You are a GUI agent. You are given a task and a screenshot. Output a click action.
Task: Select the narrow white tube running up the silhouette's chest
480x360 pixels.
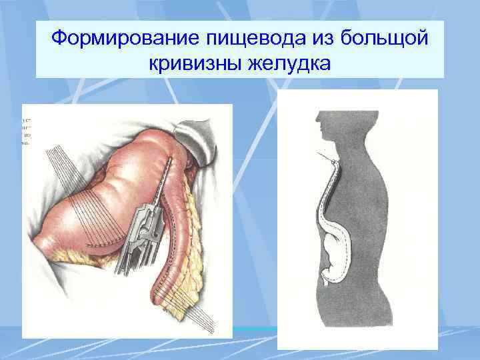coord(327,193)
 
